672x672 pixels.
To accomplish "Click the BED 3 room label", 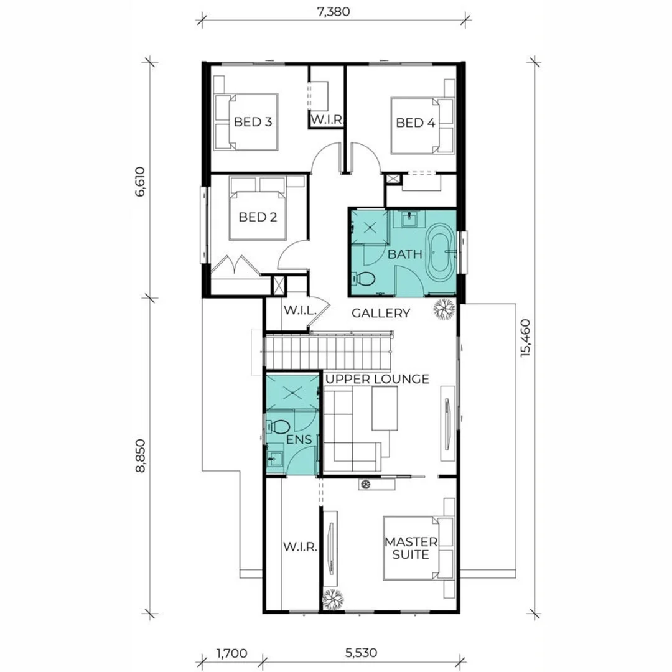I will coord(253,122).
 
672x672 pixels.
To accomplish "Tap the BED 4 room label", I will coord(415,123).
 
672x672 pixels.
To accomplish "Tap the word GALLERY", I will coord(381,313).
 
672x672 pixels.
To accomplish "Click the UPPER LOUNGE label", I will coord(377,378).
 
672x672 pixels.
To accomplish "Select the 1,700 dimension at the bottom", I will coord(231,653).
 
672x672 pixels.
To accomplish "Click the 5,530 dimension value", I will coord(362,653).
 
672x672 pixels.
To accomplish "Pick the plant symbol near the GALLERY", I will coord(444,309).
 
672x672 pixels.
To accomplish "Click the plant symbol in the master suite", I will coord(334,598).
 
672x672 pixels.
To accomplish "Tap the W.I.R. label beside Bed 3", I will coord(327,119).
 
